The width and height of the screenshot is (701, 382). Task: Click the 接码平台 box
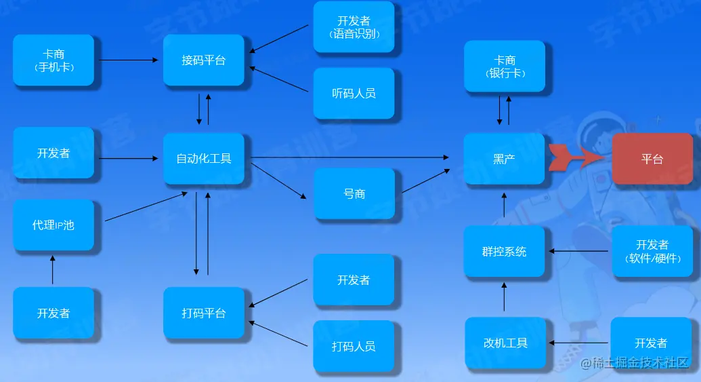click(203, 60)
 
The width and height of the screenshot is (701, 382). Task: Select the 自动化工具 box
click(203, 159)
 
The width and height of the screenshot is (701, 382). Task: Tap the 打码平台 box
click(203, 313)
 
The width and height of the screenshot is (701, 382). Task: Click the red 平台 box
click(652, 159)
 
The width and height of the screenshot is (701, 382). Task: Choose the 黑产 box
click(504, 159)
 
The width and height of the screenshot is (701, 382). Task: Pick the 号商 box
click(354, 193)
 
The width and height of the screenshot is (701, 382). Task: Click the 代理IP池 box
click(53, 225)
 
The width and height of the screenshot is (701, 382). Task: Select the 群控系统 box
click(504, 251)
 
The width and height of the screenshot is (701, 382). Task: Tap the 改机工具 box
click(505, 343)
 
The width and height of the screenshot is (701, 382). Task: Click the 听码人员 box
click(354, 93)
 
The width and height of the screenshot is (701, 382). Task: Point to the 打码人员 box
click(354, 346)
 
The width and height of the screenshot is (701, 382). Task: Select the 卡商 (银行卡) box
click(504, 66)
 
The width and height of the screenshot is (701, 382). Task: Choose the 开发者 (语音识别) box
click(354, 27)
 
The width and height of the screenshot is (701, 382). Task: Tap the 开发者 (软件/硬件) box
click(652, 251)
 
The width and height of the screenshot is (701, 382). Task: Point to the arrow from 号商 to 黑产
click(425, 182)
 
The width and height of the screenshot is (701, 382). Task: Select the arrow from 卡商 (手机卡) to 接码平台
click(128, 60)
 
